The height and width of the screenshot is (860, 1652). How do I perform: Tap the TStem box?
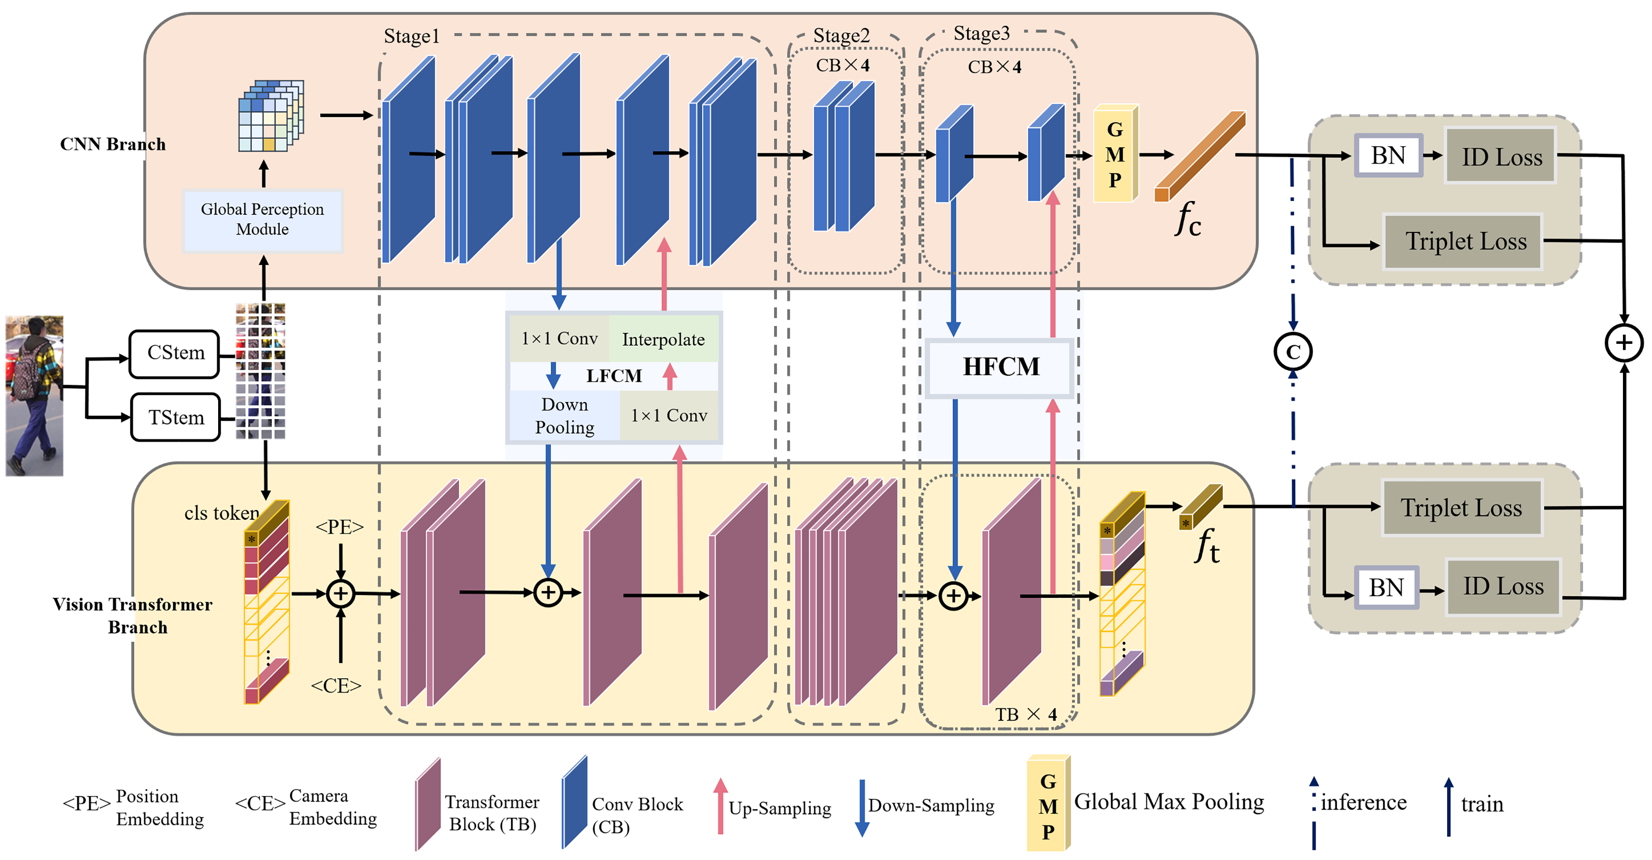click(x=176, y=418)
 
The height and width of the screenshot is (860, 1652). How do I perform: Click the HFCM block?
click(x=1001, y=367)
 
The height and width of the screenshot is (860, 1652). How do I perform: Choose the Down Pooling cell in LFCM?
click(x=564, y=416)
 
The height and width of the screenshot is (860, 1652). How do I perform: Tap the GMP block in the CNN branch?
click(x=1115, y=154)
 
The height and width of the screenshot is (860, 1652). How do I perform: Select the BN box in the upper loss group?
click(x=1388, y=156)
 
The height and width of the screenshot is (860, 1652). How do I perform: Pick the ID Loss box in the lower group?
click(x=1503, y=586)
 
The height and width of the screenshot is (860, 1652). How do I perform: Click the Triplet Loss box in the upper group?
click(x=1465, y=241)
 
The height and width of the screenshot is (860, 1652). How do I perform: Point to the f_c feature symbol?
click(x=1187, y=219)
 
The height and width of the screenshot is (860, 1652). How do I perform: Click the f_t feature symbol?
click(x=1206, y=546)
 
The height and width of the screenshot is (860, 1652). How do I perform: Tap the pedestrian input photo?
click(x=34, y=395)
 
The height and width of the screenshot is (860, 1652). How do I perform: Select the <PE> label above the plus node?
click(x=339, y=527)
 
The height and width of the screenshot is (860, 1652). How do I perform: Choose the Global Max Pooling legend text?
click(x=1168, y=802)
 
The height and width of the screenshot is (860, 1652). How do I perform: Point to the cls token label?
click(x=221, y=513)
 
